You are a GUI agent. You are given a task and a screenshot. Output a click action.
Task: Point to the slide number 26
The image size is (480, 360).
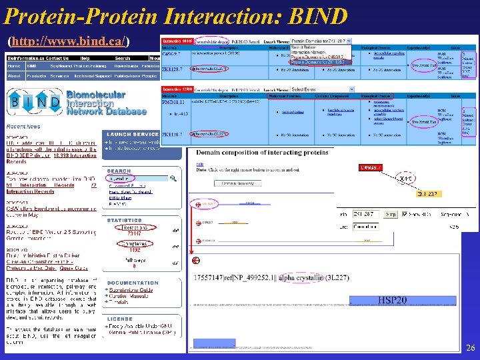tap(470, 348)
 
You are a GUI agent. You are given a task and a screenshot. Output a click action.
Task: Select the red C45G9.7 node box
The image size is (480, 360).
tap(371, 167)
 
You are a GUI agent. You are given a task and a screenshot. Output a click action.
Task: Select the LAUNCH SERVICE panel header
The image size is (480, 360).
tap(133, 134)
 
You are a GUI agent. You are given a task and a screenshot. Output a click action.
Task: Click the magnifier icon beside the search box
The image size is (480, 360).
tap(173, 179)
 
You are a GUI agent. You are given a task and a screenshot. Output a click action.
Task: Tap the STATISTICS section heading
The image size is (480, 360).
tap(125, 220)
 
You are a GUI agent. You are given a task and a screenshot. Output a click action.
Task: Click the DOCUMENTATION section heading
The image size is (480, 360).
tap(133, 283)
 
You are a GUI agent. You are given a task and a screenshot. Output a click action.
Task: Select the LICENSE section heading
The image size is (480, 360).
tap(120, 319)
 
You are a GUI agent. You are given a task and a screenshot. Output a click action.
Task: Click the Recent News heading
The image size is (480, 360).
tap(23, 127)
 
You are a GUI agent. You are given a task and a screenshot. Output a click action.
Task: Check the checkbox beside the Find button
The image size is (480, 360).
tap(403, 215)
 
